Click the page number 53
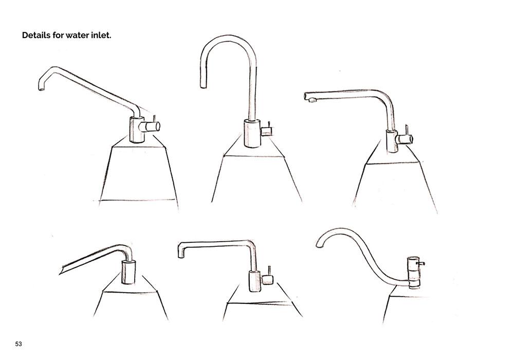[19, 344]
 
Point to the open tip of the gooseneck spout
[204, 86]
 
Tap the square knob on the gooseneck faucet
[266, 132]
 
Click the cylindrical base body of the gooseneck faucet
[252, 133]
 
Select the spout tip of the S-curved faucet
[319, 245]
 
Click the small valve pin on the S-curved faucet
[420, 263]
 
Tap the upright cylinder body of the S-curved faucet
[413, 272]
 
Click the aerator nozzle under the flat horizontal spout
[313, 100]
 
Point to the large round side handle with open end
[150, 126]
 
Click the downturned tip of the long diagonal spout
[41, 87]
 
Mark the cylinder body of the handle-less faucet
[128, 272]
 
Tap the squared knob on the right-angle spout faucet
[267, 280]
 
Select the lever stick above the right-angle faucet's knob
[269, 271]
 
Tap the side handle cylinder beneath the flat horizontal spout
[404, 139]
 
